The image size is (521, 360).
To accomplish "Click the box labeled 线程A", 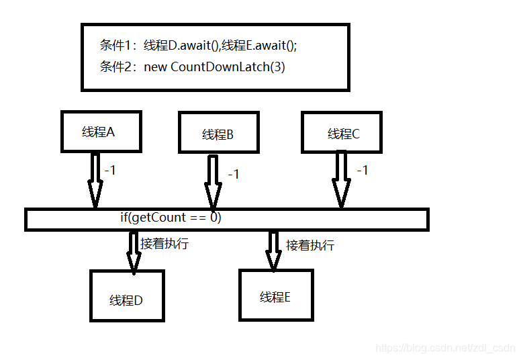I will pos(100,132).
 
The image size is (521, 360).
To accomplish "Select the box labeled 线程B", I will pos(218,134).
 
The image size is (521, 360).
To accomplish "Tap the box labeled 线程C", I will pos(342,133).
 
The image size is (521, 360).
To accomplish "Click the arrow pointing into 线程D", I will pos(132,251).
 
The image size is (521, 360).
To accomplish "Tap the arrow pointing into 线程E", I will pos(273,250).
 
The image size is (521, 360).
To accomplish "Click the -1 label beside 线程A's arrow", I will pos(110,171).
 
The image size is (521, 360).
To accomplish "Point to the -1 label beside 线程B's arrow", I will pos(234,174).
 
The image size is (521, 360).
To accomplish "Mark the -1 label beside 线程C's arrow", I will pos(363,171).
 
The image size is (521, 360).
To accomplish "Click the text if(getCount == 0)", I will pos(171,218).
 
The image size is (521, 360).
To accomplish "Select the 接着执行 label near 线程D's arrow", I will pos(164,243).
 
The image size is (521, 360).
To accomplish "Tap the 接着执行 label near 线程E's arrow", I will pos(310,245).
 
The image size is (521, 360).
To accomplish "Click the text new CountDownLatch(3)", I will pos(228,67).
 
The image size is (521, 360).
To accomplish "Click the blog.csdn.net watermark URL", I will pos(445,348).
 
